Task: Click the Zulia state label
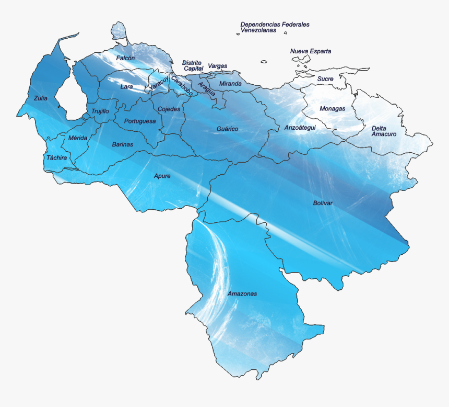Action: pos(40,98)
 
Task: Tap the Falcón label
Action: pos(125,58)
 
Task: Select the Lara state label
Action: pos(127,87)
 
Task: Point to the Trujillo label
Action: pos(100,111)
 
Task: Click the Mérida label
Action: pos(78,138)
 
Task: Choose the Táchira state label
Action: pos(56,157)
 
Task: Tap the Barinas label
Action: pos(123,144)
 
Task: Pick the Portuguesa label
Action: pos(140,121)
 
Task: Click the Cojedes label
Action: pos(169,109)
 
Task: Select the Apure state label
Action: pos(162,176)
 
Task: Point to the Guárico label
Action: pos(228,129)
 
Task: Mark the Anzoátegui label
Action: pos(300,128)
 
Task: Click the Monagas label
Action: pos(333,109)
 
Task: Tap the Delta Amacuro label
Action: pos(384,131)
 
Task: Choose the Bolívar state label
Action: pos(323,203)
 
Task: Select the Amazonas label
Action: pos(242,294)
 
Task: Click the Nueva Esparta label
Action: pos(311,51)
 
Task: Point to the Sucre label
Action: pos(325,79)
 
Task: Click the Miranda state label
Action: pos(230,84)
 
